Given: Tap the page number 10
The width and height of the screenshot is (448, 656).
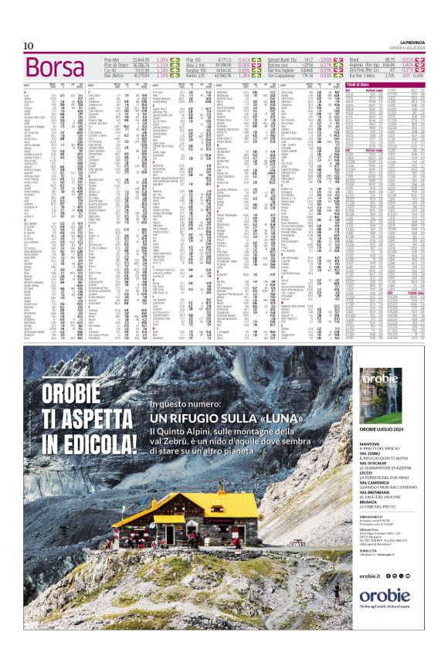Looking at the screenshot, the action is [x=28, y=47].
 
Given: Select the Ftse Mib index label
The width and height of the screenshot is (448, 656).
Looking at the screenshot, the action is [x=112, y=59].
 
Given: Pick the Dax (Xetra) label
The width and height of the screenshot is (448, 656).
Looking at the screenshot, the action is [x=115, y=76].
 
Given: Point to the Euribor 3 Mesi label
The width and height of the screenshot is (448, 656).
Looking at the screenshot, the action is [x=362, y=76].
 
